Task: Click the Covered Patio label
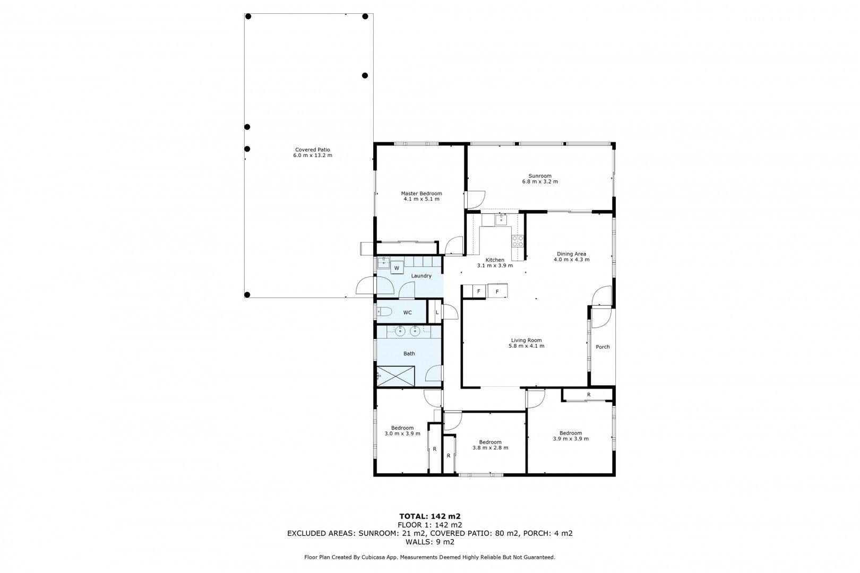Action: point(312,150)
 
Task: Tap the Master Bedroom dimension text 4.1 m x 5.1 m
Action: point(421,199)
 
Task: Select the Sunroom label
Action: point(539,176)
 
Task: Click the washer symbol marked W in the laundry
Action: point(397,268)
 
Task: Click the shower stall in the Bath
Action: point(395,376)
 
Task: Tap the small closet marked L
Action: point(437,312)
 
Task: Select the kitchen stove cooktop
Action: point(517,241)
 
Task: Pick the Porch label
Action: point(603,347)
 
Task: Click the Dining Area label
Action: point(571,254)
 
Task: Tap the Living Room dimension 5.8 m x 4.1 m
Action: point(526,346)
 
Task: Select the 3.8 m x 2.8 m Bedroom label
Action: point(490,442)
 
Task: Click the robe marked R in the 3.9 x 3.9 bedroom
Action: point(588,395)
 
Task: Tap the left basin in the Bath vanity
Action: point(401,332)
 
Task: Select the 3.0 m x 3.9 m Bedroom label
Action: point(402,428)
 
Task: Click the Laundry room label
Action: point(421,276)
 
